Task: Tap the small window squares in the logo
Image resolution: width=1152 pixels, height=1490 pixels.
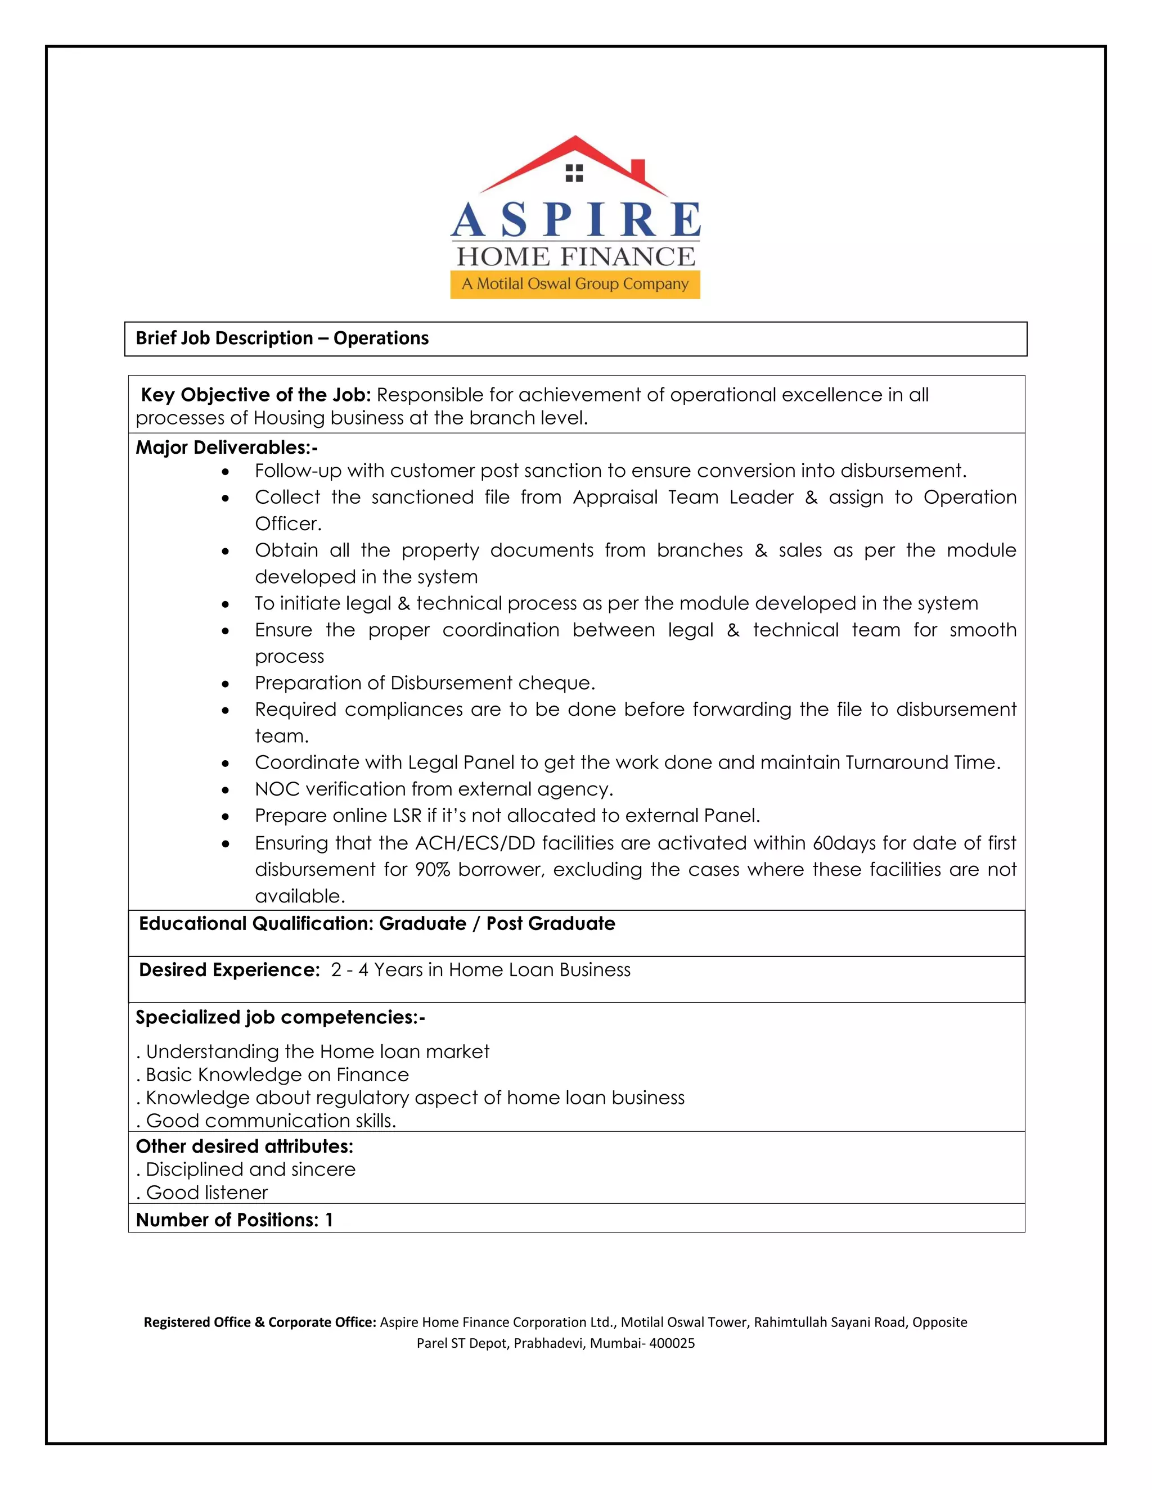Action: (x=575, y=173)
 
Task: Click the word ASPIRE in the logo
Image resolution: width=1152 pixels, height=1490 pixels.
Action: (x=575, y=220)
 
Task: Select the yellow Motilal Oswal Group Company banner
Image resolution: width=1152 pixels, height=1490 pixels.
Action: (x=575, y=284)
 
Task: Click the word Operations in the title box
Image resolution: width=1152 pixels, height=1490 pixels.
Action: (x=381, y=338)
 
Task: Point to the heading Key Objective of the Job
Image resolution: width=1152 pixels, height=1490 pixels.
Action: (x=255, y=395)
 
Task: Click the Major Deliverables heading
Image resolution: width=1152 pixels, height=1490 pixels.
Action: (x=227, y=448)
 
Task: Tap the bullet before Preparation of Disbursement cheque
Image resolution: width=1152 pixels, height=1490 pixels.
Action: (x=225, y=684)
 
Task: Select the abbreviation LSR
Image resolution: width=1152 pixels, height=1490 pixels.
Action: (x=407, y=816)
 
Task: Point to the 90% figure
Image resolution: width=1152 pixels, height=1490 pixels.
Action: (x=433, y=870)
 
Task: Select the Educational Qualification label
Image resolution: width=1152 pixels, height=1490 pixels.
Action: (x=256, y=924)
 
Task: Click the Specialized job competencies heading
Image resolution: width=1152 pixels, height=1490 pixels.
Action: (x=280, y=1017)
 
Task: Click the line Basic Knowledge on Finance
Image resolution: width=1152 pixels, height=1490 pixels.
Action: (x=276, y=1075)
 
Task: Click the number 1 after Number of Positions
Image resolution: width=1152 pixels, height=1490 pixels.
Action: (x=329, y=1220)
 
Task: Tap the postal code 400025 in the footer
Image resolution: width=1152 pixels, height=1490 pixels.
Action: (x=672, y=1343)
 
